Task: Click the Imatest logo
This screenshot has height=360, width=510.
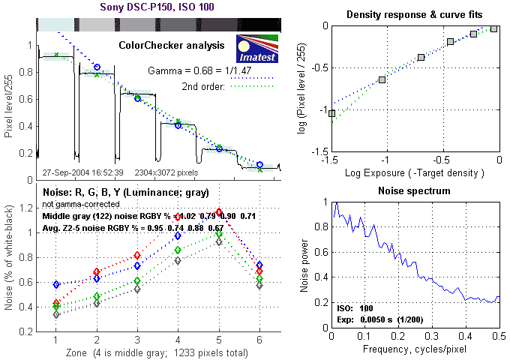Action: [x=256, y=48]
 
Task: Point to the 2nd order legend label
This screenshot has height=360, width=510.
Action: [x=205, y=86]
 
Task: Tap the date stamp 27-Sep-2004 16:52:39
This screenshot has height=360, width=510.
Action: [x=83, y=172]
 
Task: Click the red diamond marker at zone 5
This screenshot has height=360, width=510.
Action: [x=219, y=212]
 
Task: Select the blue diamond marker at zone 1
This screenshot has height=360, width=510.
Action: [x=56, y=285]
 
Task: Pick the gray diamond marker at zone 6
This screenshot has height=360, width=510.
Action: [x=259, y=286]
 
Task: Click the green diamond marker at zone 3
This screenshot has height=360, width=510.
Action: [x=137, y=280]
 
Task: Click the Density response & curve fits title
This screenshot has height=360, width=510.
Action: [x=415, y=14]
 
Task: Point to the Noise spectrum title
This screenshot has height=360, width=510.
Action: [x=415, y=191]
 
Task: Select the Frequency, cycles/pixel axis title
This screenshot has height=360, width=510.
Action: [x=415, y=350]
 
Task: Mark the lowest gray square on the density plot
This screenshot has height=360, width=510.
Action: [x=332, y=113]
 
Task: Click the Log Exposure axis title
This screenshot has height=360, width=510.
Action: [x=415, y=173]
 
